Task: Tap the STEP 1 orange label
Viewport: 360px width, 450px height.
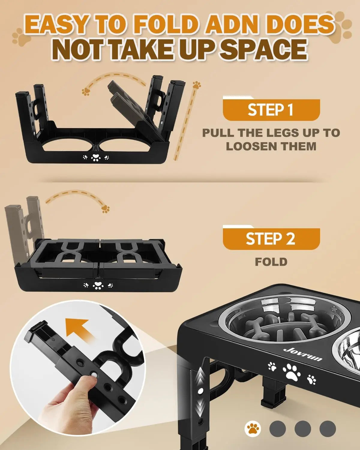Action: (x=271, y=110)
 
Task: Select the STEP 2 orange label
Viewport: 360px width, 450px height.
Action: (x=271, y=239)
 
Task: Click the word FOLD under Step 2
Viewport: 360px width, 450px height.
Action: (x=271, y=262)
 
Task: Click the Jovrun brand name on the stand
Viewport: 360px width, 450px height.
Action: (x=302, y=354)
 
